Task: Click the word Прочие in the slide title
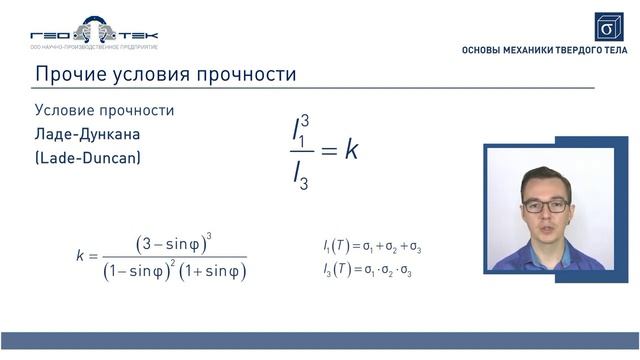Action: (67, 75)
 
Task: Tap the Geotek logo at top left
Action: (94, 33)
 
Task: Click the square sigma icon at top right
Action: (608, 26)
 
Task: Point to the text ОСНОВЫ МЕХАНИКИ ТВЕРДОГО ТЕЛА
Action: (544, 50)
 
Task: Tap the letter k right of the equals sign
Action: (351, 150)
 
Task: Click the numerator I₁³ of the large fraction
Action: (301, 129)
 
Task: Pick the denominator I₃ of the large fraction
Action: (301, 176)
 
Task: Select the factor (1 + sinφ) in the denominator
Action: (216, 271)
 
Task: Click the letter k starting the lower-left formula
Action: (80, 256)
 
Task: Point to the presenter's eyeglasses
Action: (545, 205)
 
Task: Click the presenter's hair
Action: (546, 178)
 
